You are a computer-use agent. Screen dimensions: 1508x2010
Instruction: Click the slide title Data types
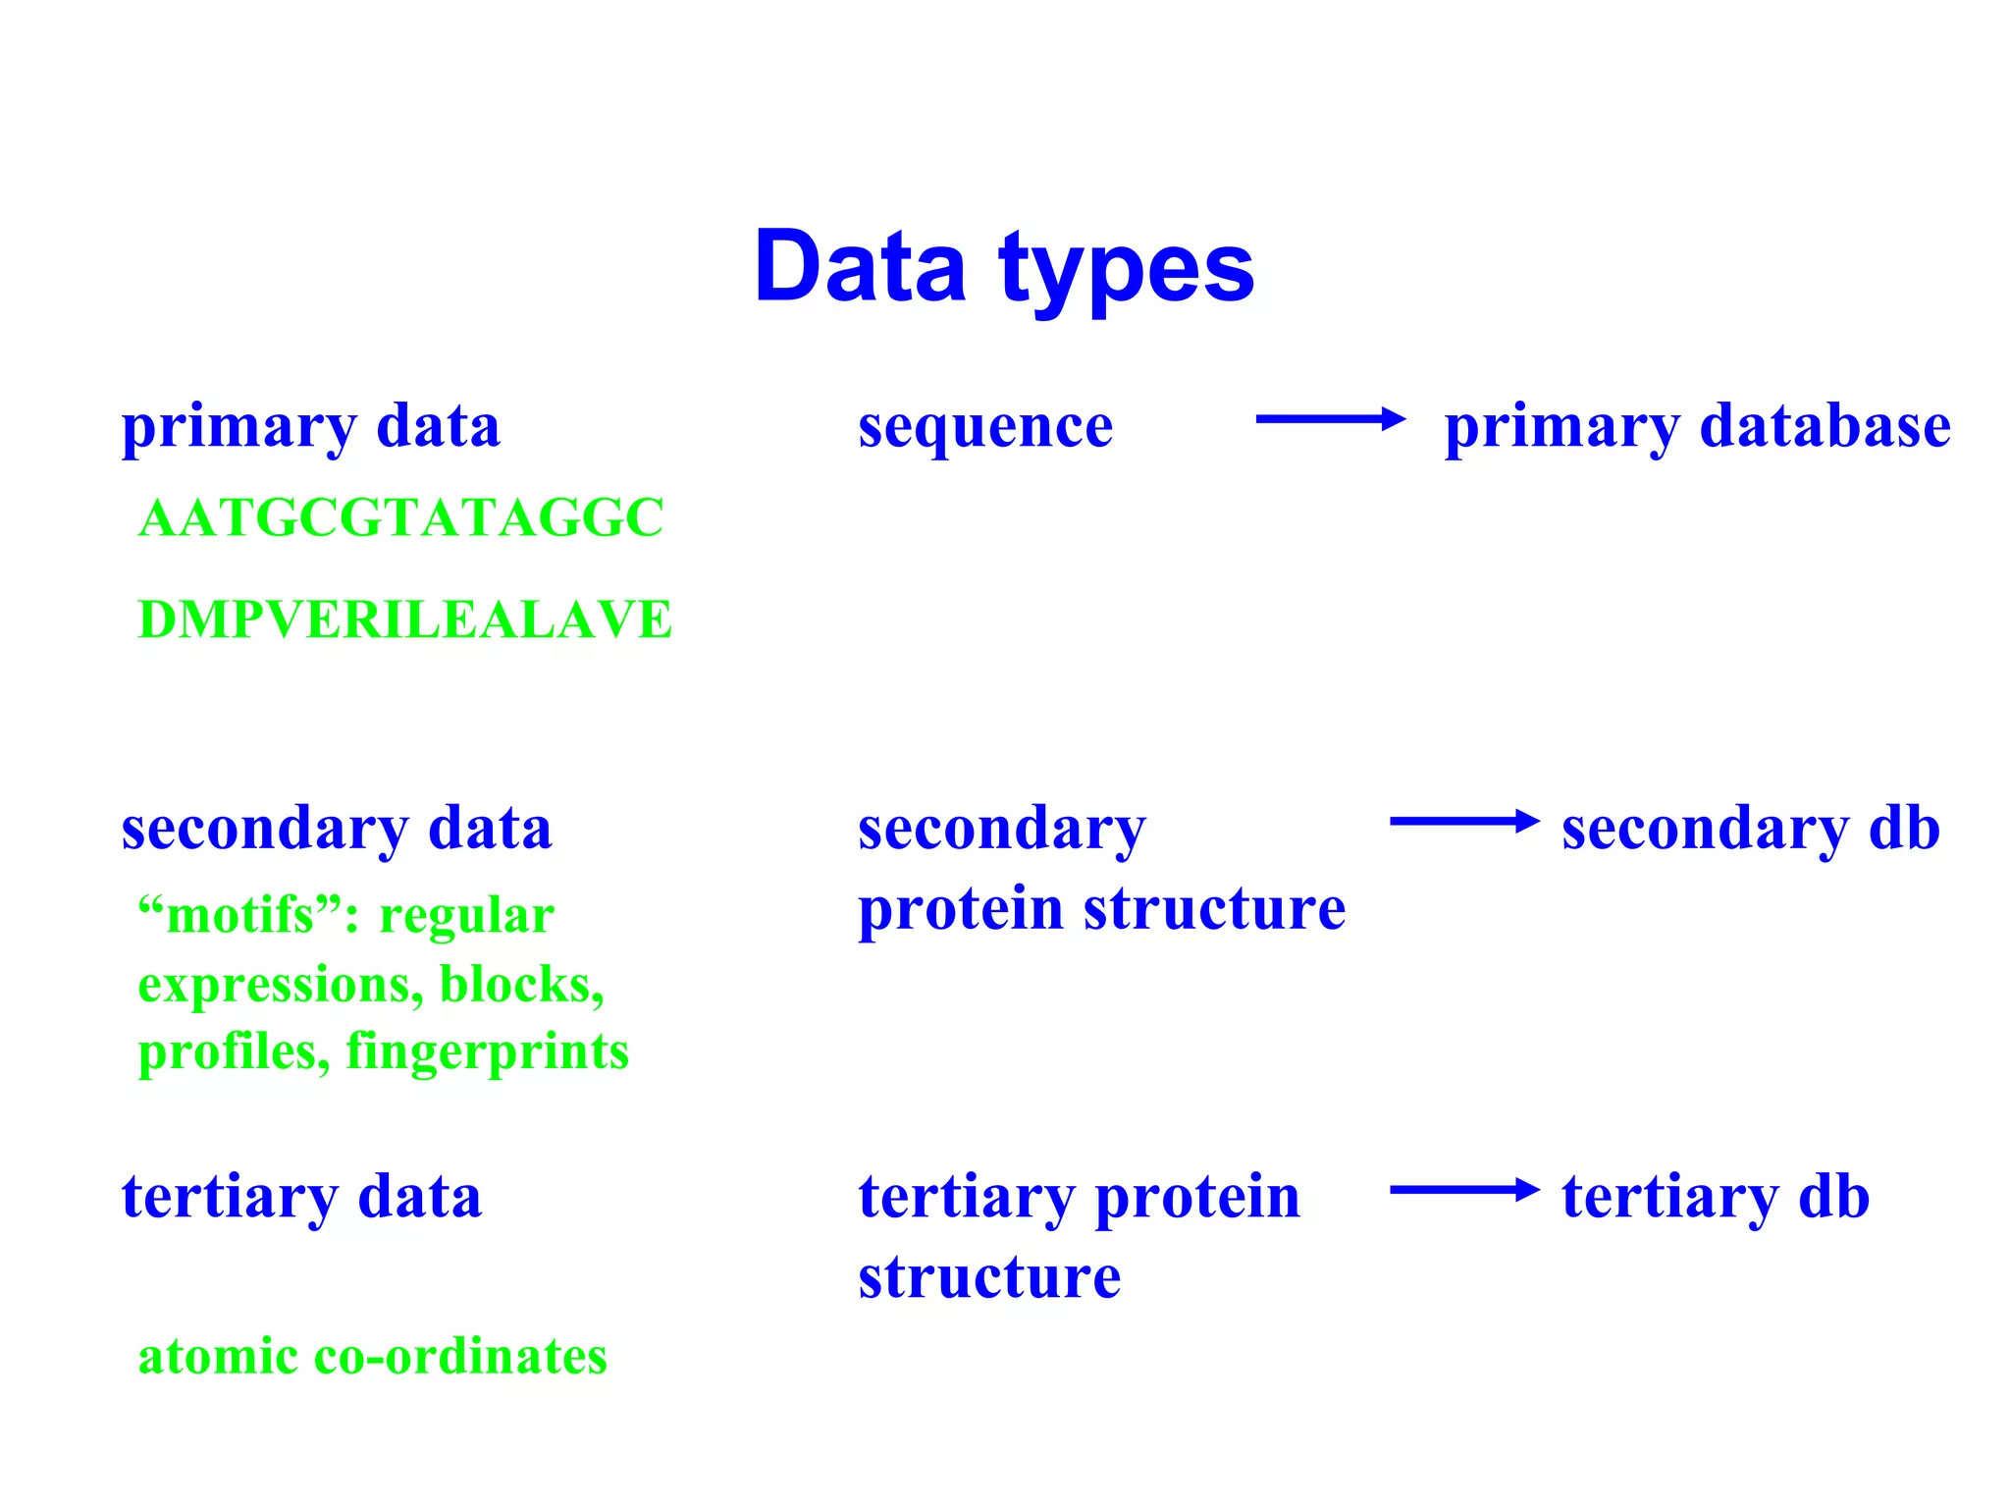pos(1004,267)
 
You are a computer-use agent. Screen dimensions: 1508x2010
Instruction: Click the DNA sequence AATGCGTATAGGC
pos(401,518)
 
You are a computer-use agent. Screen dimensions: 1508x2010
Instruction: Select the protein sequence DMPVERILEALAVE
pos(405,620)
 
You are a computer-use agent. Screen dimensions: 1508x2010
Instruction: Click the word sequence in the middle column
pos(985,428)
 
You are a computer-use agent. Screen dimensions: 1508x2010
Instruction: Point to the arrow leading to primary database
pos(1330,420)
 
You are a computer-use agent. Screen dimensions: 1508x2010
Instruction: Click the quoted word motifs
pos(240,915)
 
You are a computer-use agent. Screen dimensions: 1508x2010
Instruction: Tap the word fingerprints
pos(487,1051)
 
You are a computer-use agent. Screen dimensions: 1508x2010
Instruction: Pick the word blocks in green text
pos(520,984)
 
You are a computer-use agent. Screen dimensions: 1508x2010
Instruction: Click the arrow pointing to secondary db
pos(1463,822)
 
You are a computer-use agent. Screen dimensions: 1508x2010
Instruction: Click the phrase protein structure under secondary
pos(1101,908)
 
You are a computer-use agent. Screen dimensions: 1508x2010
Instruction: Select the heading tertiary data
pos(301,1197)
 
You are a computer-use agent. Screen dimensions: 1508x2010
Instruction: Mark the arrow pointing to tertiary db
pos(1463,1190)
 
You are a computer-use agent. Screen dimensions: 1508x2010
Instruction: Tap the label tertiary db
pos(1715,1197)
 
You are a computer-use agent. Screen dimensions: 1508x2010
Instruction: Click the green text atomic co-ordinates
pos(372,1357)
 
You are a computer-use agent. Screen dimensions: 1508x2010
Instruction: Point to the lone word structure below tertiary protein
pos(989,1277)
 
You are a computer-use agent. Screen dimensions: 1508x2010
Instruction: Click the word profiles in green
pos(234,1051)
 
